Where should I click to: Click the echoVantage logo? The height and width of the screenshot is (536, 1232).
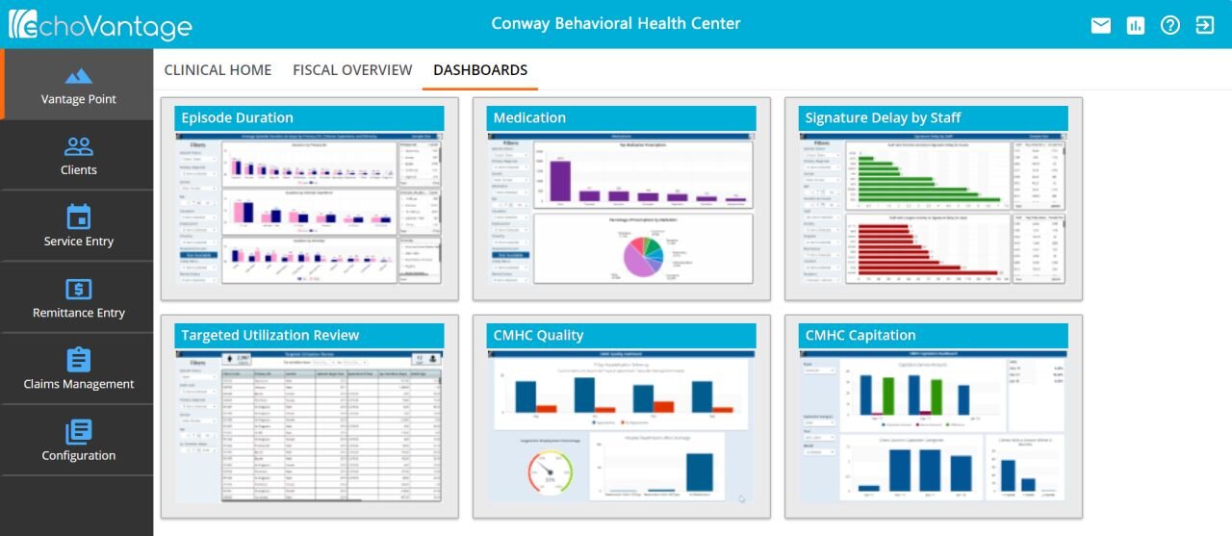point(100,24)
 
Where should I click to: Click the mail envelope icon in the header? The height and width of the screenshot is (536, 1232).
point(1101,26)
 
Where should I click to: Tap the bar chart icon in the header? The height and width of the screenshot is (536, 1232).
point(1136,26)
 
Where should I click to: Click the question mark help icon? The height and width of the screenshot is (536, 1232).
point(1170,26)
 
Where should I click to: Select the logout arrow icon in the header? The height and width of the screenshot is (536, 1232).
point(1205,26)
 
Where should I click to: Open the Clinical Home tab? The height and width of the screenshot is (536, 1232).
point(218,70)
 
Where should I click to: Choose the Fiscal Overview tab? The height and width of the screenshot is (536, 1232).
point(352,70)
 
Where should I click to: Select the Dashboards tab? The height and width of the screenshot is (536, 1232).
point(480,70)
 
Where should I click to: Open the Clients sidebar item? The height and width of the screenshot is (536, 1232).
point(78,156)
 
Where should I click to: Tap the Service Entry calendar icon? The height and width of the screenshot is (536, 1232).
point(78,217)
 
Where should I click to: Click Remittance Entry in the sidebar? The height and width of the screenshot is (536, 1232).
point(78,298)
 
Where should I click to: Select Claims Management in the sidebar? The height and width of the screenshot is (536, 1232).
point(78,370)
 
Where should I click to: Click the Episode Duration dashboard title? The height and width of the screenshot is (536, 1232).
point(238,118)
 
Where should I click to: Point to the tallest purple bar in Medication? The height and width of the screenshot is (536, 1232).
point(560,181)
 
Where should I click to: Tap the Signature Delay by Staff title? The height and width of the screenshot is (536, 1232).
point(883,118)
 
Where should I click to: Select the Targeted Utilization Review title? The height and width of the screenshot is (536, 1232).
point(270,336)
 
